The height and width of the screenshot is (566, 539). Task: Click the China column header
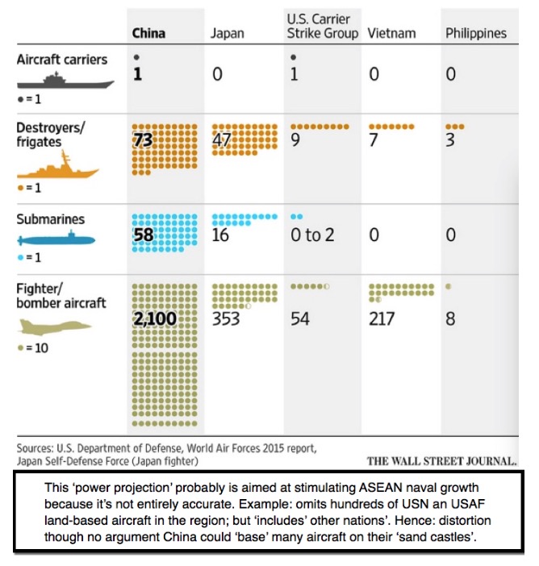(148, 33)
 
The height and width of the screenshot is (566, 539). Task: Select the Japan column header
(227, 33)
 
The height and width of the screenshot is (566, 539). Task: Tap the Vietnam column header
(391, 33)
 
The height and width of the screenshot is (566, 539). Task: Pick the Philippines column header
(476, 33)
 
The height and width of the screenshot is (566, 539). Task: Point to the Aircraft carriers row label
(62, 60)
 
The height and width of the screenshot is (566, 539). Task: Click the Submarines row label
(50, 219)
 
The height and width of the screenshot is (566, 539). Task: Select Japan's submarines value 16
(220, 235)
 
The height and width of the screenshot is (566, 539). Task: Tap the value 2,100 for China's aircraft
(154, 318)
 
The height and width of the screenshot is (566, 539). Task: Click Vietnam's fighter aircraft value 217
(382, 318)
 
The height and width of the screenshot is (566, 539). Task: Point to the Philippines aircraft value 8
(450, 318)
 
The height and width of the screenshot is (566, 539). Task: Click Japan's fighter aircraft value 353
(226, 318)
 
